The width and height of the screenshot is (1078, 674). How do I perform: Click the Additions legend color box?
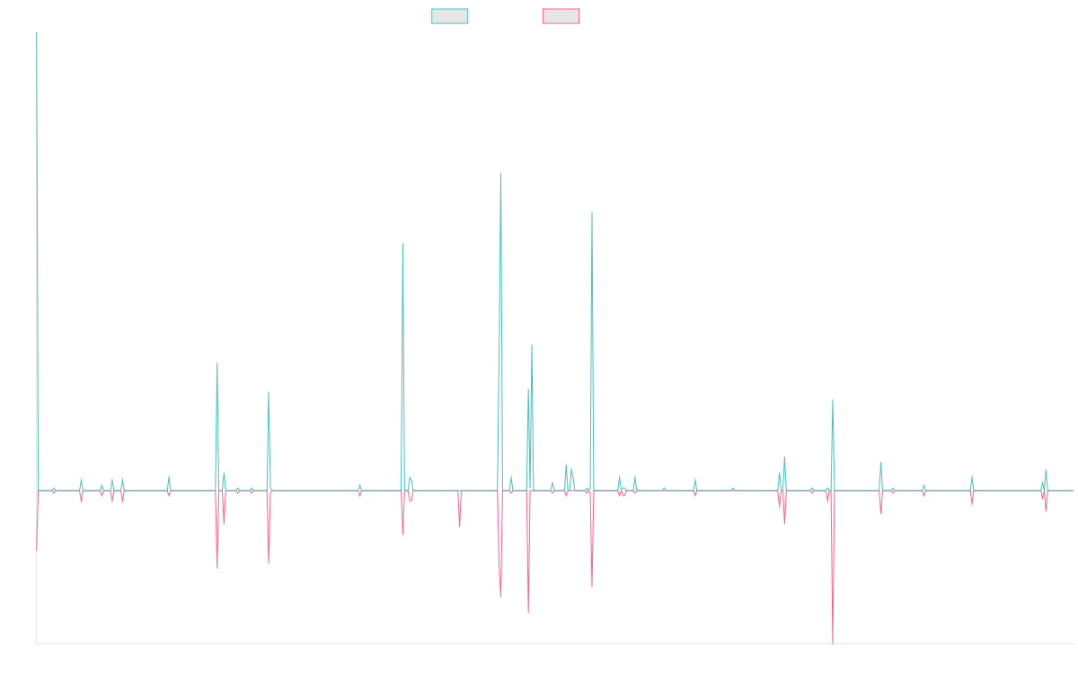coord(450,16)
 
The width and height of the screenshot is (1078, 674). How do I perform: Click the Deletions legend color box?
coord(561,16)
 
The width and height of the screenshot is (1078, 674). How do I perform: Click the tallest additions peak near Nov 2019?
coord(501,173)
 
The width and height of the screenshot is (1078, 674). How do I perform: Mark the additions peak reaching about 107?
coord(592,212)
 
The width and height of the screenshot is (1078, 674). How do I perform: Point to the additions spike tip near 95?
coord(402,244)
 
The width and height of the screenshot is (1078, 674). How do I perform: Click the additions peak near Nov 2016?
coord(217,363)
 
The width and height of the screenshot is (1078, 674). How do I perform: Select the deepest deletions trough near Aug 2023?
coord(834,642)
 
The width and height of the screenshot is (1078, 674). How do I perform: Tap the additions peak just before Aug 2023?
coord(833,400)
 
